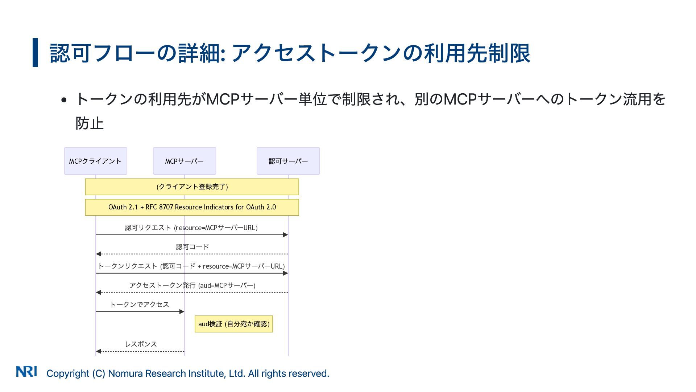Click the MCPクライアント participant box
coord(95,161)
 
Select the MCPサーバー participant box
coord(184,161)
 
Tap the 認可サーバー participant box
coord(288,161)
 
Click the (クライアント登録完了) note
coord(192,187)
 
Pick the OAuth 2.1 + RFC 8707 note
coord(192,207)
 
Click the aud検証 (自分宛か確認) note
coord(234,324)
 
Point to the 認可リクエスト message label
coord(191,228)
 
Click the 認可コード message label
coord(192,247)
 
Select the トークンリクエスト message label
coord(191,266)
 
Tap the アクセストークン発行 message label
coord(192,285)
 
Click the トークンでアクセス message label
coord(140,305)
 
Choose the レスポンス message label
coord(141,344)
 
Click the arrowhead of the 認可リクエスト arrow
coord(286,235)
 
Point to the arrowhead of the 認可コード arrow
coord(98,254)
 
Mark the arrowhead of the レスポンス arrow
coord(98,351)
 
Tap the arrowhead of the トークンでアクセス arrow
coord(182,311)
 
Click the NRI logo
coord(26,371)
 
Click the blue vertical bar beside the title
coord(35,53)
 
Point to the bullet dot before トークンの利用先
coord(64,100)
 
